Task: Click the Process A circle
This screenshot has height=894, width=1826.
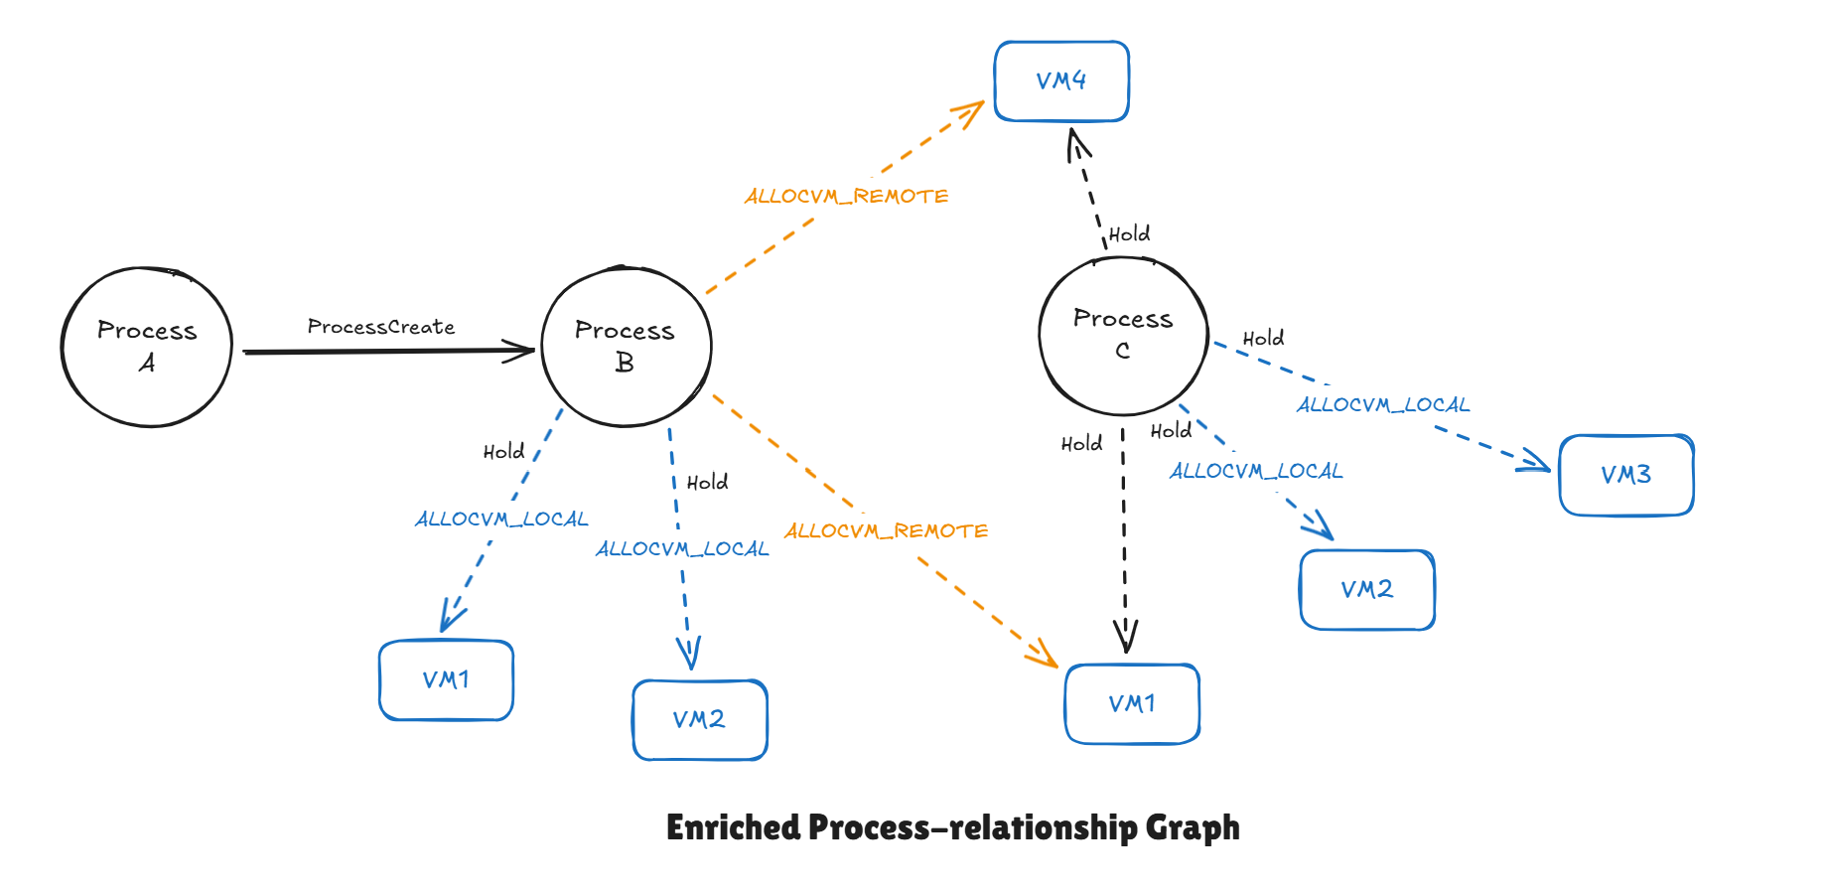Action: [147, 347]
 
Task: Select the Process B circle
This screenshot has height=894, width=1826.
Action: [626, 347]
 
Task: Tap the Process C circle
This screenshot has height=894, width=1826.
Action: [1123, 335]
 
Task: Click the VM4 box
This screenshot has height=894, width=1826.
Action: [1061, 81]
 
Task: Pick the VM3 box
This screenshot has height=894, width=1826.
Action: [1625, 475]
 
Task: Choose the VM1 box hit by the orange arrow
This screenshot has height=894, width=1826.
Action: [1132, 703]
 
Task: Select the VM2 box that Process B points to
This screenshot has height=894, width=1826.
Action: [699, 719]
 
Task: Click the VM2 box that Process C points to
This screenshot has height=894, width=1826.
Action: [1367, 589]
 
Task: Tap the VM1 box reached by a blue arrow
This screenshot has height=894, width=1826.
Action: [446, 679]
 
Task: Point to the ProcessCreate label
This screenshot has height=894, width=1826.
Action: [381, 327]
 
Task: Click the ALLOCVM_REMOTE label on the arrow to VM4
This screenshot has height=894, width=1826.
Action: [846, 196]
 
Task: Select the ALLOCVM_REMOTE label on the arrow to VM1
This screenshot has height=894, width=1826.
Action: [886, 530]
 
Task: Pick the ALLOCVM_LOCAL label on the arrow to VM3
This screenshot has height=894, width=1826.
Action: [1382, 404]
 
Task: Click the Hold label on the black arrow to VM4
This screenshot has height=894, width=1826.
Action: [1129, 234]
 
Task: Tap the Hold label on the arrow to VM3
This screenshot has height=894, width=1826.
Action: [1263, 339]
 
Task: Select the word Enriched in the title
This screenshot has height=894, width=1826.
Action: [733, 827]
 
